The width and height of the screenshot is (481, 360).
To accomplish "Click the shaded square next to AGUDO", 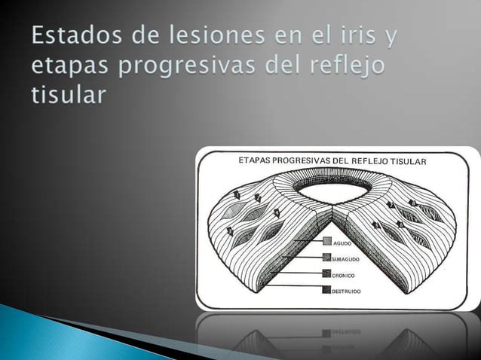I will click(x=327, y=243).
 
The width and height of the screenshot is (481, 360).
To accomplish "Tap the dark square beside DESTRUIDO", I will click(x=327, y=289).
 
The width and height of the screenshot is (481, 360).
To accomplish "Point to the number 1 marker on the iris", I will click(x=237, y=194).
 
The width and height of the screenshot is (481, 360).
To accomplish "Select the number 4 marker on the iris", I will click(x=230, y=230).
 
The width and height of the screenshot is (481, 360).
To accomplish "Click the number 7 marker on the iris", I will click(x=391, y=203).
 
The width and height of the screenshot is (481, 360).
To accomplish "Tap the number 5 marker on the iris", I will click(x=375, y=224).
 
